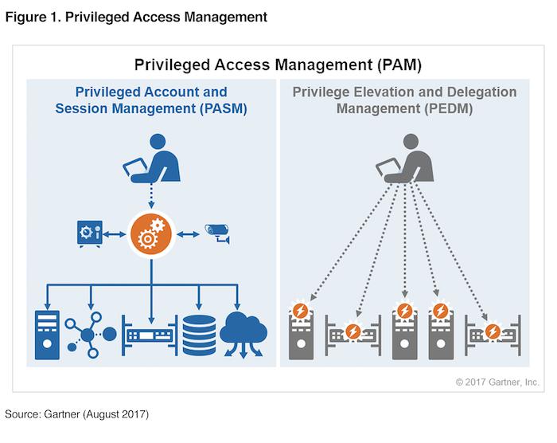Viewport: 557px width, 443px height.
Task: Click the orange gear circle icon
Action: pos(151,234)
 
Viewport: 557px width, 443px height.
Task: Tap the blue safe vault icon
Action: pos(90,233)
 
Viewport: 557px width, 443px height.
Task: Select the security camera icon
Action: pos(217,233)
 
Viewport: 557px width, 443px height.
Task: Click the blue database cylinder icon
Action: pos(199,335)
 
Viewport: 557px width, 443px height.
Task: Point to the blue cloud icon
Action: pos(243,334)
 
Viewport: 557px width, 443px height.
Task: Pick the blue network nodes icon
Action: pos(90,335)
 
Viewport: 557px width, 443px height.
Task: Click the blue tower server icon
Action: pos(47,335)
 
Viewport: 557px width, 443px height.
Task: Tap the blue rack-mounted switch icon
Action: pos(150,335)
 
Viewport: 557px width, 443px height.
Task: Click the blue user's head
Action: pos(158,142)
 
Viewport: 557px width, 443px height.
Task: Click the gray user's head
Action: pos(411,142)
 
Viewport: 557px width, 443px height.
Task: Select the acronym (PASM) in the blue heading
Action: pos(223,108)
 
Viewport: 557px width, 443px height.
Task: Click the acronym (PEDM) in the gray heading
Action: pos(449,108)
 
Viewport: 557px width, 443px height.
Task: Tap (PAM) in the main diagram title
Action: pos(399,65)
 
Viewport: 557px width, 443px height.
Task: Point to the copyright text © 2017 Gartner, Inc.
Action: pos(497,382)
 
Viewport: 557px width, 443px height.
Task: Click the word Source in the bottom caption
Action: pos(22,414)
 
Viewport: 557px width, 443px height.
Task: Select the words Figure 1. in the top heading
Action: pos(33,17)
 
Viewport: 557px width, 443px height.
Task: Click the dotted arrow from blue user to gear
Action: pos(151,196)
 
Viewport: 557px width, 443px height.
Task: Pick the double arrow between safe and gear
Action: pos(114,234)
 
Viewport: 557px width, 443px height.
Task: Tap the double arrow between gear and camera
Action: pos(188,234)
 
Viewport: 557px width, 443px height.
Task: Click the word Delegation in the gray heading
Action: pos(481,92)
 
